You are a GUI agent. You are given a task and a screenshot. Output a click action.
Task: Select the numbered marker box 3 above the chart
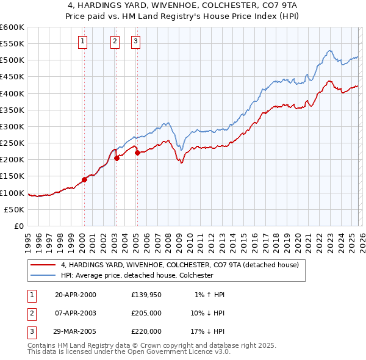coord(135,41)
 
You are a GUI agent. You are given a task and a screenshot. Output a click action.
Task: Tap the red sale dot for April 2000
coord(84,179)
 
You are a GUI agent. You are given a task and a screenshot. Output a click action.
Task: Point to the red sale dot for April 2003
coord(116,158)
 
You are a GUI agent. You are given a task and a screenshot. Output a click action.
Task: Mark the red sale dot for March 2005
coord(137,153)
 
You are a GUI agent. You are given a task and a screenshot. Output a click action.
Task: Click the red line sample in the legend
coord(43,265)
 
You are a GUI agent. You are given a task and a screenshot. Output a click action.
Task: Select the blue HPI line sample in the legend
coord(43,275)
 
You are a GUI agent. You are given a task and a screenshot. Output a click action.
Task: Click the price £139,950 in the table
coord(146,295)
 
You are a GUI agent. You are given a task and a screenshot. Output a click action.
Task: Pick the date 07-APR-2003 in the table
coord(76,313)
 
